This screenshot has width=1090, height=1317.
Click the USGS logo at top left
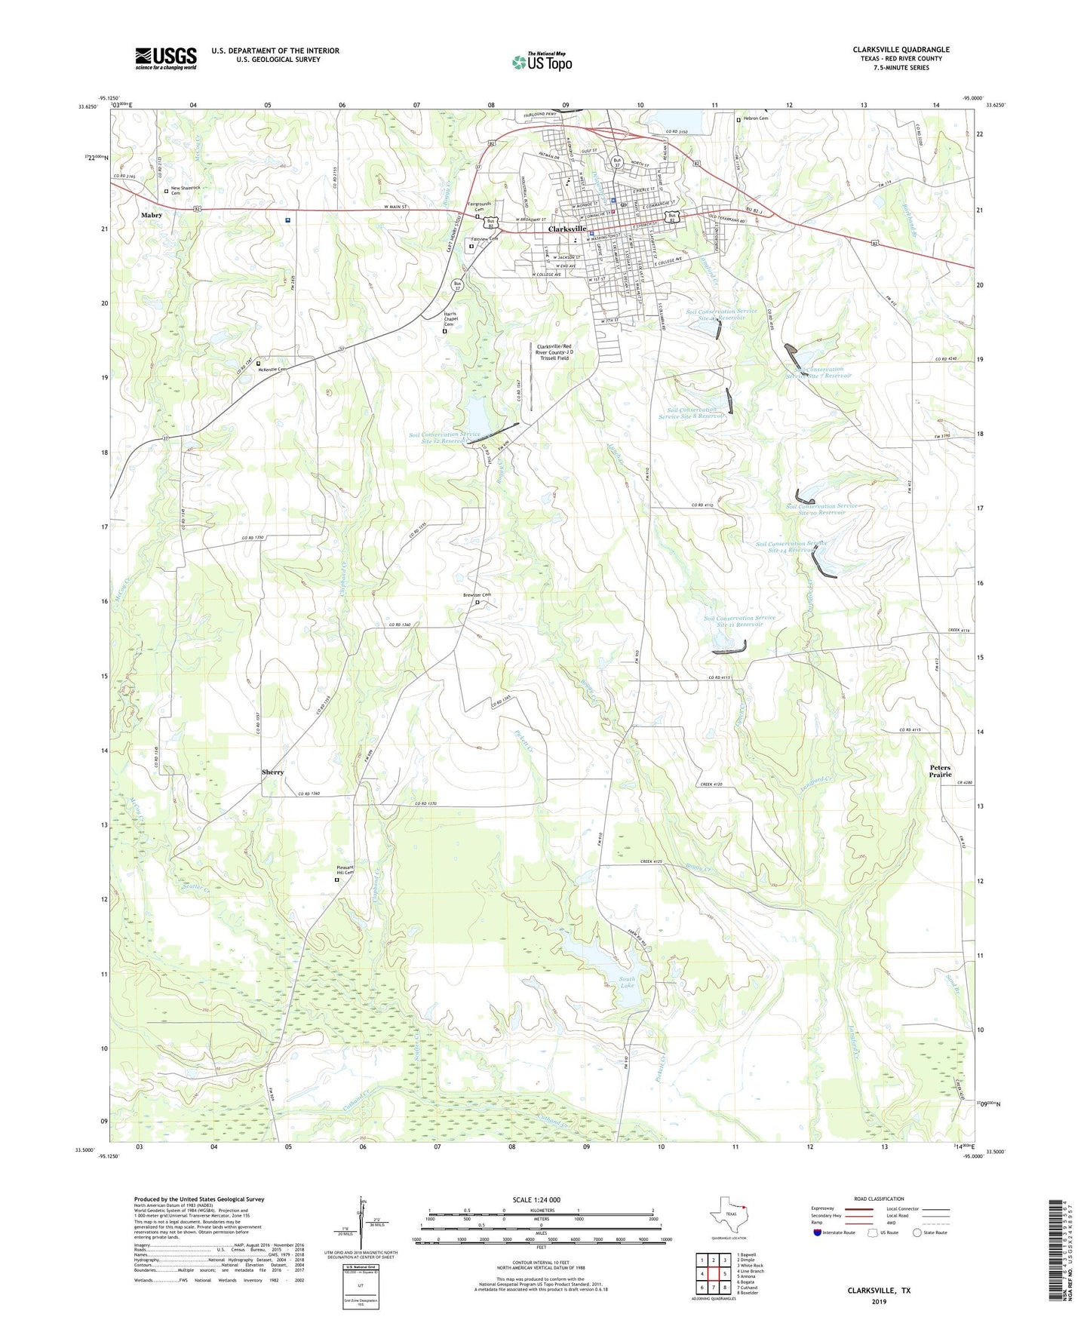(x=166, y=58)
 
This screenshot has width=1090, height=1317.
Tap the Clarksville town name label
(x=567, y=229)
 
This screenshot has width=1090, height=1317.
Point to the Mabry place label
(x=151, y=215)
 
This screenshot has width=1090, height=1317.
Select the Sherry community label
(x=272, y=772)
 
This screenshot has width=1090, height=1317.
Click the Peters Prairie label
(x=940, y=771)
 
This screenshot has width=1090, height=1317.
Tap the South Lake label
(x=627, y=982)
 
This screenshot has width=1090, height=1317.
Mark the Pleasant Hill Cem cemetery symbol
(x=337, y=880)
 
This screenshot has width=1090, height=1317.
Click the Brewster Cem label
(x=477, y=595)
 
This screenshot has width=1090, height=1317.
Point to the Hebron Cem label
(x=755, y=118)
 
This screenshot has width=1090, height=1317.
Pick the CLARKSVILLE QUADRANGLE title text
(x=901, y=50)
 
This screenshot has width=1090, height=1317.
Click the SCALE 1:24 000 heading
(x=536, y=1200)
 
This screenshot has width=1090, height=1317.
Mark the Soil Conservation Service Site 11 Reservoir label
(x=739, y=621)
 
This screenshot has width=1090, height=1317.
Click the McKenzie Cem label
(x=272, y=370)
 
